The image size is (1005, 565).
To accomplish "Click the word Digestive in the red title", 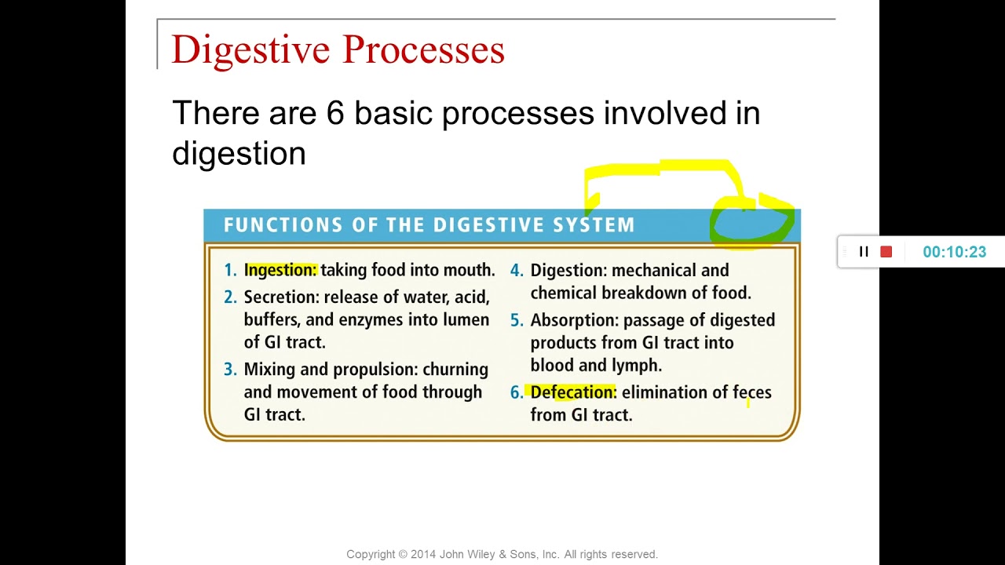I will click(251, 50).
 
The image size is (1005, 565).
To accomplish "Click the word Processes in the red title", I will click(423, 50).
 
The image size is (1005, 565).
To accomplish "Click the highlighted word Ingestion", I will click(280, 270).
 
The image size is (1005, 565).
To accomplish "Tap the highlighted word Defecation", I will click(572, 392).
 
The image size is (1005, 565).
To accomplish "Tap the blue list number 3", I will click(229, 370).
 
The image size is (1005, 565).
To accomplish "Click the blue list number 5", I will click(516, 320).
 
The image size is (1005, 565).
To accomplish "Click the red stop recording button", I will click(886, 252).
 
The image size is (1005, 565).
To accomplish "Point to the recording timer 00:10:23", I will click(954, 252).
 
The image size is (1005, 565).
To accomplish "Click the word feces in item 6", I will click(751, 392).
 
